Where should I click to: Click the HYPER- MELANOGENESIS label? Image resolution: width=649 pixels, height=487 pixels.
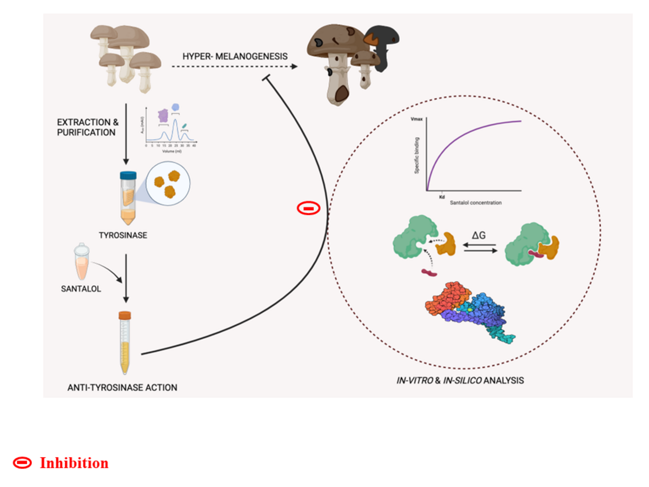235,56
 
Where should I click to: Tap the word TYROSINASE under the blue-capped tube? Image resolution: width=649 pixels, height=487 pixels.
123,235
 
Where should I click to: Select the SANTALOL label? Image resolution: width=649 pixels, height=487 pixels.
81,289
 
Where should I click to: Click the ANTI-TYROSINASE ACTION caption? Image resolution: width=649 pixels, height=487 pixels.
122,387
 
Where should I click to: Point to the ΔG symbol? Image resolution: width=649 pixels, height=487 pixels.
479,236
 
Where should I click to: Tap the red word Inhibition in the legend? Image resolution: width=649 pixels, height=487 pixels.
74,463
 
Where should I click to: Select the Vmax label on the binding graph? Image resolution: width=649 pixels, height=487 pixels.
416,118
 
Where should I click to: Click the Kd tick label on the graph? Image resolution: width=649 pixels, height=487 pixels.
442,197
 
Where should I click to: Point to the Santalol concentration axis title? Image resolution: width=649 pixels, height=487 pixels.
475,203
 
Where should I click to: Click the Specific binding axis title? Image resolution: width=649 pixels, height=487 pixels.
418,154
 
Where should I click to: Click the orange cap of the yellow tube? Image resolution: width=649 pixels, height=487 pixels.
125,314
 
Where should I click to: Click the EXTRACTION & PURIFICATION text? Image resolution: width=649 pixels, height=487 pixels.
88,127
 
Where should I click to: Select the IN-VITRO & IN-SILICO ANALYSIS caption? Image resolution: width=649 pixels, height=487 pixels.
460,380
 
